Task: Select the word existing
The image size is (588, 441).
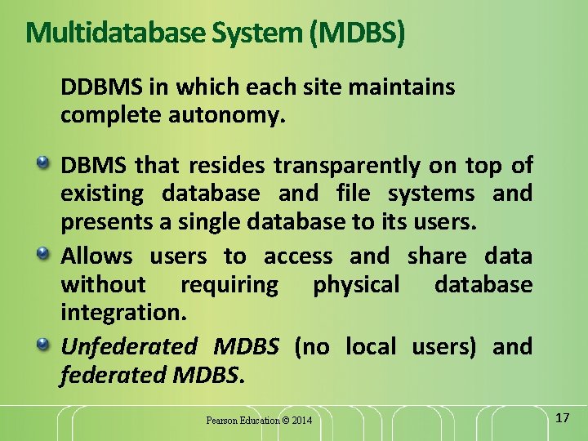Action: click(102, 194)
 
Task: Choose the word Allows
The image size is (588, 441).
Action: click(96, 256)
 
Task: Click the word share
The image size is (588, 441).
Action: click(437, 256)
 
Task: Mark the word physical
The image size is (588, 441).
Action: click(356, 285)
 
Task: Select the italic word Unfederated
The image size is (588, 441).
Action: click(129, 346)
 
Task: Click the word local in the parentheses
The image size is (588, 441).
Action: click(371, 346)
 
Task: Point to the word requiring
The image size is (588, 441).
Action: click(229, 285)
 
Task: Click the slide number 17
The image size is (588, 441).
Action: click(561, 418)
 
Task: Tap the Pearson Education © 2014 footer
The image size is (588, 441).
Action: click(259, 421)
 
